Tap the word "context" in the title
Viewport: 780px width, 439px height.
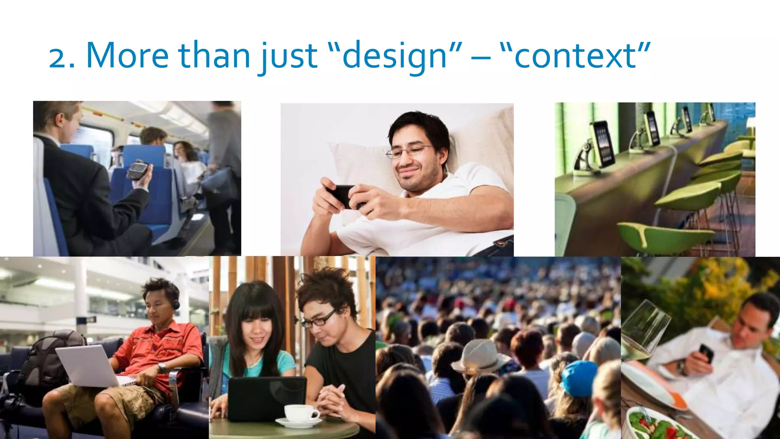tap(575, 56)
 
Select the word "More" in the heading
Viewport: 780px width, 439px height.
tap(128, 56)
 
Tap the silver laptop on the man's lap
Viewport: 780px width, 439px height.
tap(90, 366)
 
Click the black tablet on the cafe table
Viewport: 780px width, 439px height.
tap(267, 398)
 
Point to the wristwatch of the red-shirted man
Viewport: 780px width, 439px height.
tap(162, 367)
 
